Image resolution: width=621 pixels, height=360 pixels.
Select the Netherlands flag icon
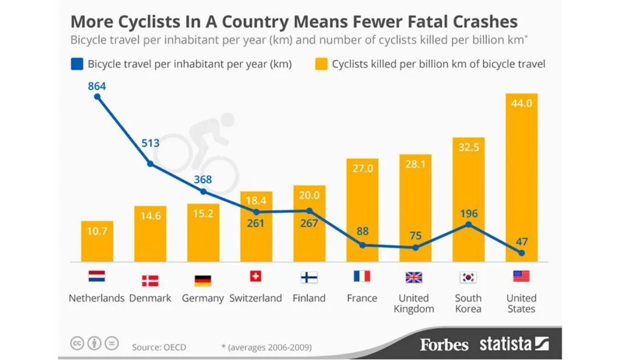tap(96, 278)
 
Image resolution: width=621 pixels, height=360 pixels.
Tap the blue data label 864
tap(97, 86)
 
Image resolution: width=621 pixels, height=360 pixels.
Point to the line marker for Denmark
tap(150, 164)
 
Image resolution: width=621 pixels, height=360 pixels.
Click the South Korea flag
tap(468, 278)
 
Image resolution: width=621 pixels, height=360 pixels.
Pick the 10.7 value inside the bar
tap(97, 232)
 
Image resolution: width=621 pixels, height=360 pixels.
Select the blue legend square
tap(76, 64)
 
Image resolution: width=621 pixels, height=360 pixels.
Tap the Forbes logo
tap(445, 345)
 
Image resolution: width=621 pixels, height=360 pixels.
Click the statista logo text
tap(506, 344)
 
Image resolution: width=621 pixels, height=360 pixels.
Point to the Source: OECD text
tap(159, 347)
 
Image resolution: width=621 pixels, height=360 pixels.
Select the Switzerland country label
tap(255, 298)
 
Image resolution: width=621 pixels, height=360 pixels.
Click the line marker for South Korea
tap(468, 224)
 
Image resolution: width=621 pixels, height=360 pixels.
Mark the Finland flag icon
tap(309, 278)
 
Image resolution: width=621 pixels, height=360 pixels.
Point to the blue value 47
tap(522, 241)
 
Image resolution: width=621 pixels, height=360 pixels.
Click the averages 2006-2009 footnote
tap(266, 347)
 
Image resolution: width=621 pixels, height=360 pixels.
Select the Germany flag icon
tap(203, 280)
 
